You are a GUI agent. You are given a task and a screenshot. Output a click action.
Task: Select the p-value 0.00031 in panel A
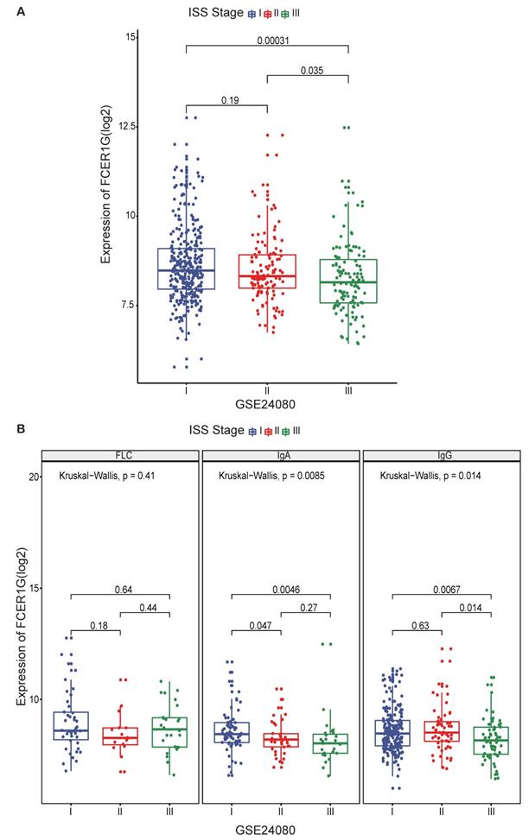[267, 40]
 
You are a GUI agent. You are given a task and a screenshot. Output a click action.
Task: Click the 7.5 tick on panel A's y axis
[126, 305]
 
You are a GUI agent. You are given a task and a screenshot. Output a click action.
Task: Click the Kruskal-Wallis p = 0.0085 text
[268, 476]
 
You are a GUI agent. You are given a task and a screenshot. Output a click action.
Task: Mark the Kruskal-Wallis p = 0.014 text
[428, 476]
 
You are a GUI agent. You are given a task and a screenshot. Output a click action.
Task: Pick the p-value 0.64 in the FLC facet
[119, 589]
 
